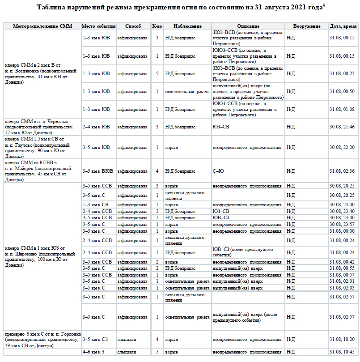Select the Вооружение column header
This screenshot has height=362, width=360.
coord(306,26)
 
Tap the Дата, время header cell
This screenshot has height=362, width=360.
coord(343,26)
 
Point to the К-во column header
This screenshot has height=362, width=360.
coord(157,26)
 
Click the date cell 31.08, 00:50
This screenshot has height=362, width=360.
coord(342,91)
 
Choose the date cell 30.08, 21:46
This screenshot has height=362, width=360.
coord(342,127)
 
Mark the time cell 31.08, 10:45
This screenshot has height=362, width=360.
coord(342,352)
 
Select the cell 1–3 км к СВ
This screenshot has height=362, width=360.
coord(96,204)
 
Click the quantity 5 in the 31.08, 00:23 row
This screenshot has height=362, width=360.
coord(157,73)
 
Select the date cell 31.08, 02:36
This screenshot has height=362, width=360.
coord(342,171)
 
